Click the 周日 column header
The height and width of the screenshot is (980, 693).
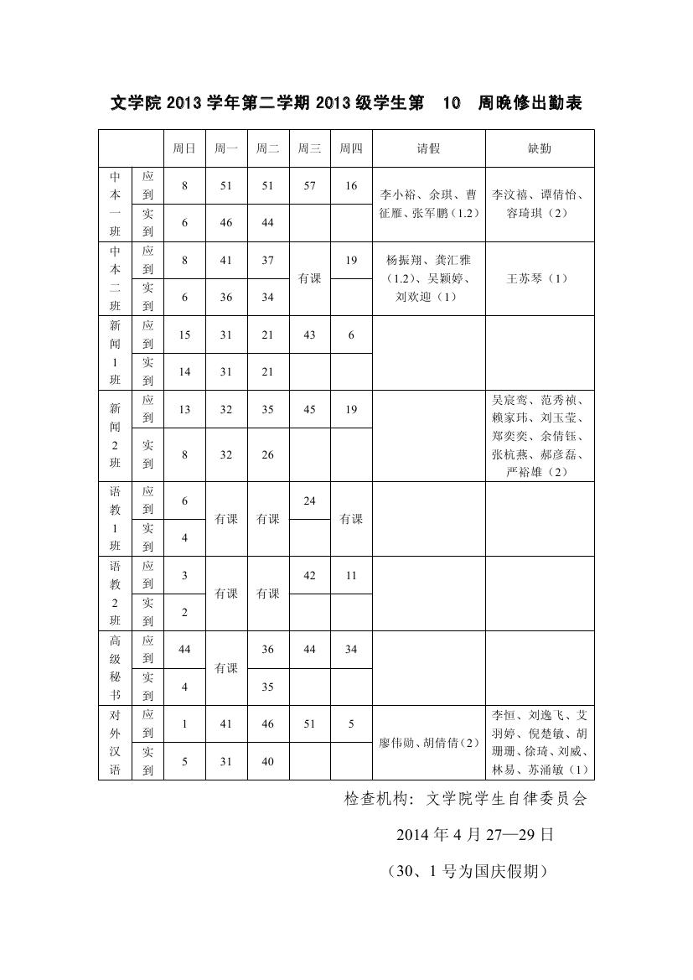pyautogui.click(x=184, y=148)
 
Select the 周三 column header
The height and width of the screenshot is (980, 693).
pyautogui.click(x=310, y=148)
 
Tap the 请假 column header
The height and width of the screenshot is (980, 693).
pyautogui.click(x=429, y=148)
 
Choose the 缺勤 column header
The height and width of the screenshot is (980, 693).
pyautogui.click(x=540, y=148)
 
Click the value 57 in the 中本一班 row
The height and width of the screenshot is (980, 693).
pyautogui.click(x=310, y=186)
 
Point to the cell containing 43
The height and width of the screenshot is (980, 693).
pyautogui.click(x=310, y=334)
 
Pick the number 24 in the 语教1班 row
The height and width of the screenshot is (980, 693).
pyautogui.click(x=310, y=500)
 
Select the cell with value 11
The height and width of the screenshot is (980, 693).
pyautogui.click(x=351, y=575)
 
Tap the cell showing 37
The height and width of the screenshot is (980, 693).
pyautogui.click(x=268, y=260)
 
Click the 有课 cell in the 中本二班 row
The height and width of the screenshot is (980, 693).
pyautogui.click(x=310, y=278)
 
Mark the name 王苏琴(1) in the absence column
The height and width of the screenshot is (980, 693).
pyautogui.click(x=538, y=278)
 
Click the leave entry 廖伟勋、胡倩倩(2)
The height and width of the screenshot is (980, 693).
pyautogui.click(x=428, y=743)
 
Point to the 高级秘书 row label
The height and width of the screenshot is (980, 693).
pyautogui.click(x=115, y=668)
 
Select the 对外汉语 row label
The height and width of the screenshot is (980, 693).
pyautogui.click(x=115, y=743)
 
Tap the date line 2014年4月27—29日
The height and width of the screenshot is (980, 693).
pyautogui.click(x=474, y=835)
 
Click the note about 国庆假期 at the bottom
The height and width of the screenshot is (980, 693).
pyautogui.click(x=467, y=872)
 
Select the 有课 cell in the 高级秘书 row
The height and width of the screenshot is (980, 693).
pyautogui.click(x=226, y=668)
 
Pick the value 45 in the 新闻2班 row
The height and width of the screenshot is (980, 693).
pyautogui.click(x=310, y=409)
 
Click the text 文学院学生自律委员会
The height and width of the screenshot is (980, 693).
pyautogui.click(x=507, y=799)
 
